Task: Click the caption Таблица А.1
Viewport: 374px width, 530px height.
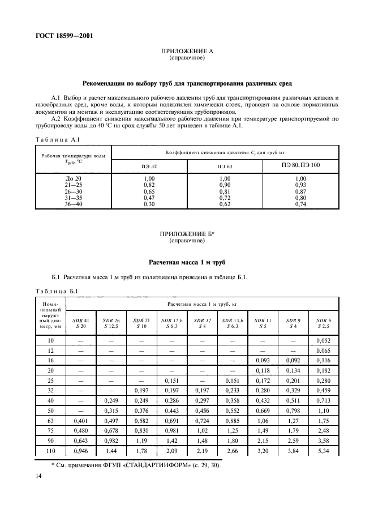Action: tap(52, 139)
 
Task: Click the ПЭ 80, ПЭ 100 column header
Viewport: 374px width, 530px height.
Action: tap(300, 165)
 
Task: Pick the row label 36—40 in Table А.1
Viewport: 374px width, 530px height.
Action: tap(73, 203)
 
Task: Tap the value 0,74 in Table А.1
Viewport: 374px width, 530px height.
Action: tap(300, 203)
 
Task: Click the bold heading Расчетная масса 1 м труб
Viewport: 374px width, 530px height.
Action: tap(187, 263)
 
